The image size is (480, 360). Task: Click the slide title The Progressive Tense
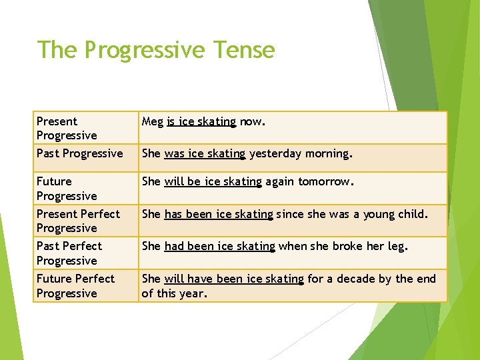pos(155,50)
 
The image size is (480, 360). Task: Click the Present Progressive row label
pos(67,128)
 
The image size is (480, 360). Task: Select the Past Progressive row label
pos(79,153)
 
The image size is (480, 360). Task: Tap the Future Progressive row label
pos(67,189)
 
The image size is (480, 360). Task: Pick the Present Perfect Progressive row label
pos(78,221)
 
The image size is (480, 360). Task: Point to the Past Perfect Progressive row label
pos(69,253)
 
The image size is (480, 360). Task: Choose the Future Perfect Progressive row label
pos(75,286)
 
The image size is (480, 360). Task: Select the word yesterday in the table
pos(275,153)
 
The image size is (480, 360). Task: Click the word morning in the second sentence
pos(327,153)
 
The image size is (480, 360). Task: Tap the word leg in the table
pos(397,246)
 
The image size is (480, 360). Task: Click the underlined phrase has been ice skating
pos(219,214)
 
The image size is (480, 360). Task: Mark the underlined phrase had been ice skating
pos(219,246)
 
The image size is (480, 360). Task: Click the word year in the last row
pos(193,293)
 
